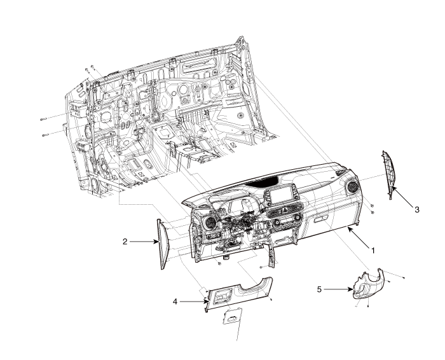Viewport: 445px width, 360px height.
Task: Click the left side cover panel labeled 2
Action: click(163, 244)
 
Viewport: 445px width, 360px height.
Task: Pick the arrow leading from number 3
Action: click(400, 197)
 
